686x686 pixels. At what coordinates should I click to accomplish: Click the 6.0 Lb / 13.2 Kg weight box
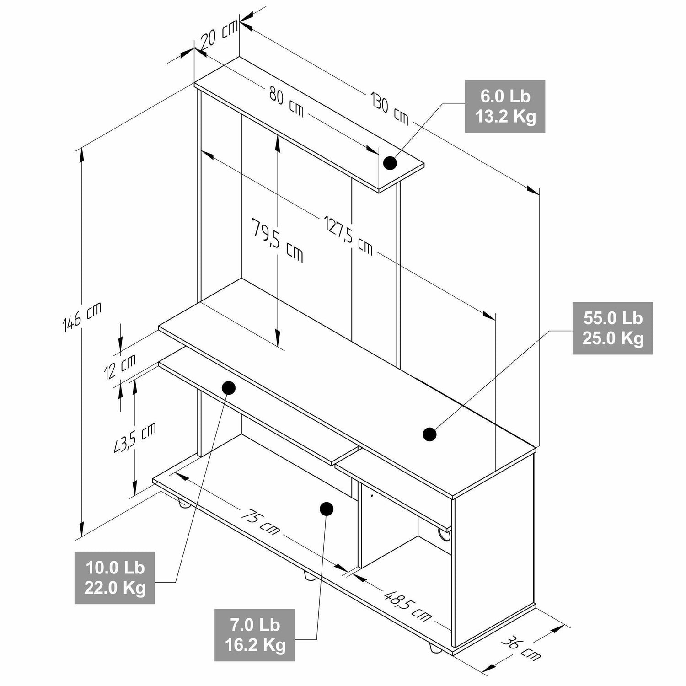(505, 107)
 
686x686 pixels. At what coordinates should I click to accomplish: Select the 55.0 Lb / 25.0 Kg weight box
(613, 328)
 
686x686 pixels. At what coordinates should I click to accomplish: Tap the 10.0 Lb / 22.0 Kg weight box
(115, 578)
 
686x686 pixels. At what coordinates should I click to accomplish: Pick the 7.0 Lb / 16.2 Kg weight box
(255, 635)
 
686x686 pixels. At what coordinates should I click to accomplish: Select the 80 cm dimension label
(286, 102)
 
